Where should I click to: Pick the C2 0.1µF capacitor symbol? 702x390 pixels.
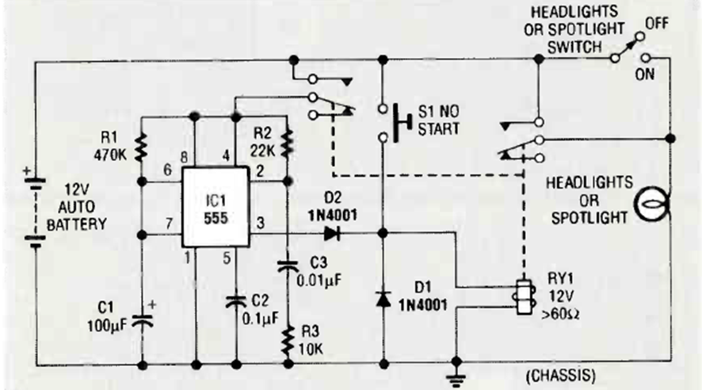(237, 302)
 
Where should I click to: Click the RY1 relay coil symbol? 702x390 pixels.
(522, 296)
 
